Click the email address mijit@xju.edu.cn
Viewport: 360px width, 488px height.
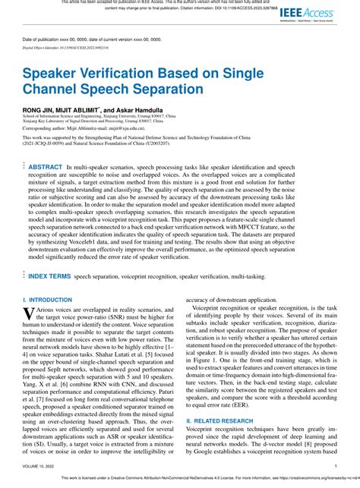coord(125,128)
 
